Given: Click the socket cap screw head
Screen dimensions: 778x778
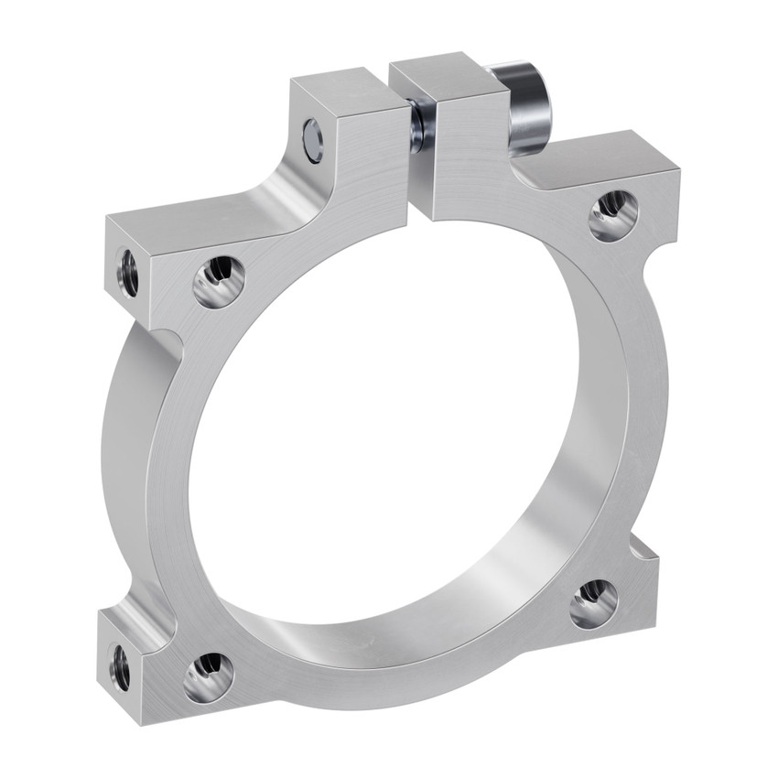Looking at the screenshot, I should point(527,106).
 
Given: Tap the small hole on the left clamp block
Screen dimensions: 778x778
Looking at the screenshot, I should point(313,139).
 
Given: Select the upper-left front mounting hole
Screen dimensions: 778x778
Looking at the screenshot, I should point(219,280).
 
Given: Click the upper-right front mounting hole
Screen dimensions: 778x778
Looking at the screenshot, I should point(612,215).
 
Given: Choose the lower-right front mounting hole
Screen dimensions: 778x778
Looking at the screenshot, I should point(593,603).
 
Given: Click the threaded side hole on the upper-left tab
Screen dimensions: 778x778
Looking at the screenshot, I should point(128,273).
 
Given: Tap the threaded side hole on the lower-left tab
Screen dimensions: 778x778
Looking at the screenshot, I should point(120,667).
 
